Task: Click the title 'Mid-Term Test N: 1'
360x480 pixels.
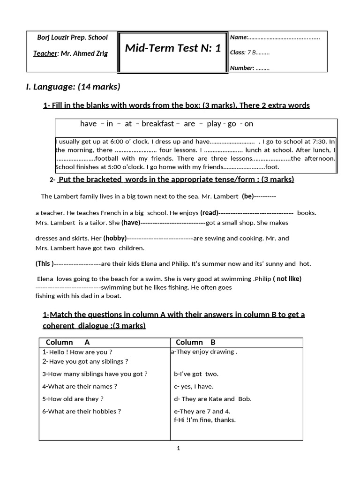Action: pos(172,48)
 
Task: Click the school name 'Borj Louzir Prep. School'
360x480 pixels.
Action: pos(72,37)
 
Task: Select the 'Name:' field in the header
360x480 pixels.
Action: pos(274,37)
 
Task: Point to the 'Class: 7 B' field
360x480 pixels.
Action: pos(249,52)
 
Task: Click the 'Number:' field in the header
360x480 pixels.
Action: pos(249,68)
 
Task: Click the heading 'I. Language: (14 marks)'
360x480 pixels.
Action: pos(73,86)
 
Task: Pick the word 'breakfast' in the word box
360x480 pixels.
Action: pos(157,124)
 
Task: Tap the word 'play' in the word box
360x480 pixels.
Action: pos(214,124)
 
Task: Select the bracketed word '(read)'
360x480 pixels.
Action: pos(209,213)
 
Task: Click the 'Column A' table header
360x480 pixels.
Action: pos(67,342)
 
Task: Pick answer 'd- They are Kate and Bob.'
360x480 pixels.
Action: pos(212,399)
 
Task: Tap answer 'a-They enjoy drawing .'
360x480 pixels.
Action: pos(204,352)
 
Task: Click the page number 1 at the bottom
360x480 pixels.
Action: pos(179,448)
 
